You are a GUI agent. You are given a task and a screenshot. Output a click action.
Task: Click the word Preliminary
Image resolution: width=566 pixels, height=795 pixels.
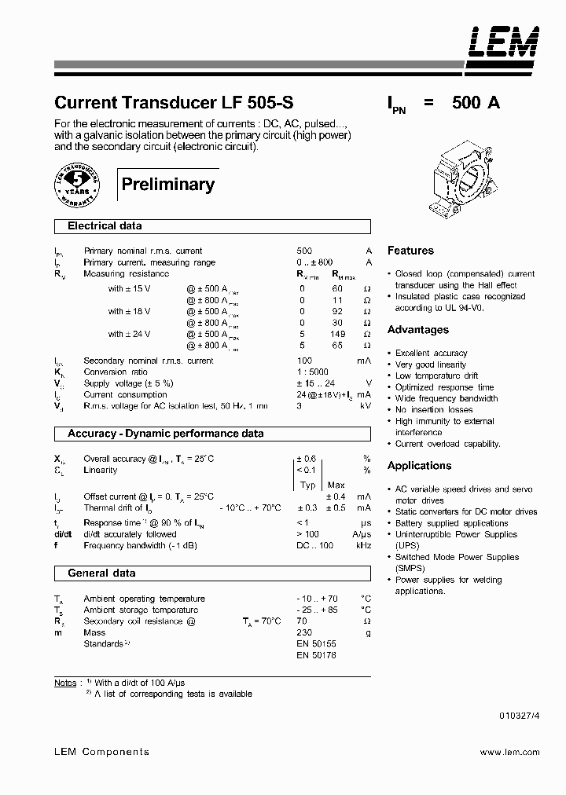[x=167, y=185]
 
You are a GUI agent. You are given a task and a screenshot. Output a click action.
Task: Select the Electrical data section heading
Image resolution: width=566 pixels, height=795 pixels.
[x=105, y=226]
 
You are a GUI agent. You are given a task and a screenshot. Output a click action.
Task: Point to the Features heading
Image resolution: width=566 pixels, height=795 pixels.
[x=410, y=251]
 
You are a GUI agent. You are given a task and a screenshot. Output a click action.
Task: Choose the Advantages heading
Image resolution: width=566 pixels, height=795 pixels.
[x=417, y=330]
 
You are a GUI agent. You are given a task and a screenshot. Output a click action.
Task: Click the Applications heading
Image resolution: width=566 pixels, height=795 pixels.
[x=419, y=466]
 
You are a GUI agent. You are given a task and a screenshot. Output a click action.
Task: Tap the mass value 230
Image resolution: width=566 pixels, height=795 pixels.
[x=304, y=632]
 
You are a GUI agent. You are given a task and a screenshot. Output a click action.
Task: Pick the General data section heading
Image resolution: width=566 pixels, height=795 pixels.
[x=101, y=573]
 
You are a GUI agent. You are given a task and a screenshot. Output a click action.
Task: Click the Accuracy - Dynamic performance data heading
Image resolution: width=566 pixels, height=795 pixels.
[x=165, y=434]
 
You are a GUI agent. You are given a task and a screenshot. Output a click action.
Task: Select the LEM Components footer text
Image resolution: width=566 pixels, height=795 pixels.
[x=101, y=752]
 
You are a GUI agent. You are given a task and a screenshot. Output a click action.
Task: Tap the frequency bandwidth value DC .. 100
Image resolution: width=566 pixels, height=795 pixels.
[x=314, y=544]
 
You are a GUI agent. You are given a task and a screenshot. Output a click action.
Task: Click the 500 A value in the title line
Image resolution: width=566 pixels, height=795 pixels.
[x=476, y=103]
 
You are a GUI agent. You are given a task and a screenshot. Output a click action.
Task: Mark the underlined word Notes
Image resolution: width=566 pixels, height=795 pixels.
[x=65, y=683]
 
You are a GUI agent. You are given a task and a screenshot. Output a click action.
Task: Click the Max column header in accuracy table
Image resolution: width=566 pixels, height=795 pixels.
[x=336, y=485]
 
